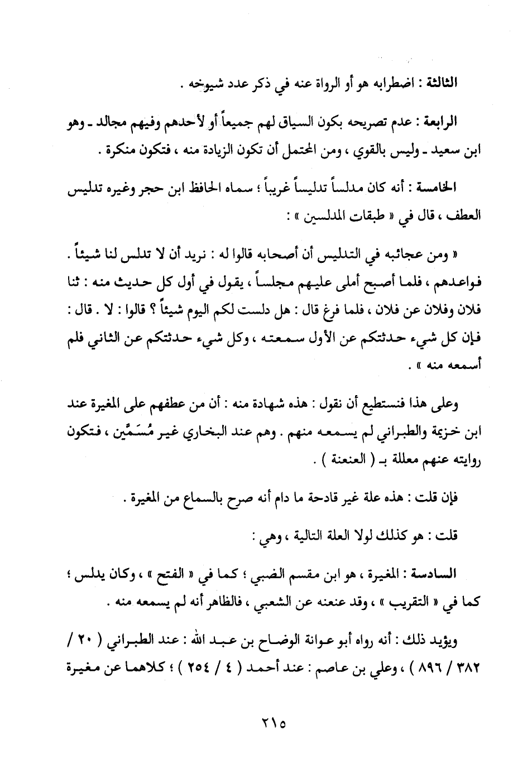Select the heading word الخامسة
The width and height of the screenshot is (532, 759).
click(x=439, y=190)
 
